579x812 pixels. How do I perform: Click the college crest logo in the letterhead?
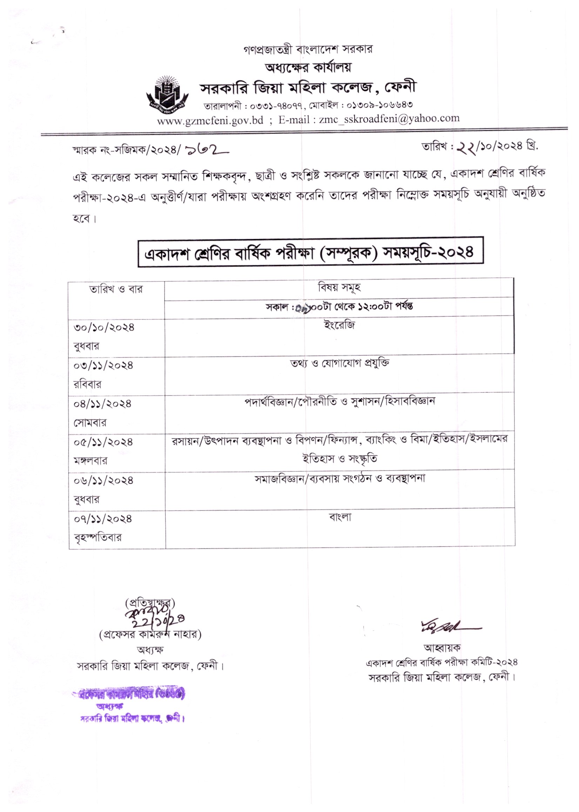pos(167,93)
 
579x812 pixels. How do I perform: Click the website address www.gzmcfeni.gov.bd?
pos(210,121)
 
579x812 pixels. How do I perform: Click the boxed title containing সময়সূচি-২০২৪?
pos(310,252)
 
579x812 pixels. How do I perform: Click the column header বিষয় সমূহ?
pos(339,287)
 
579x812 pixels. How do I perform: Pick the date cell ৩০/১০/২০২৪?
pos(104,327)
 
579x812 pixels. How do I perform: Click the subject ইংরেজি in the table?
pos(339,326)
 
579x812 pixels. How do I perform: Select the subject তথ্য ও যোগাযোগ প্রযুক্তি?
pos(339,363)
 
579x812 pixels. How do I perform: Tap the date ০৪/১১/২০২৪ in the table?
pos(103,404)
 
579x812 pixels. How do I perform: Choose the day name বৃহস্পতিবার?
pos(98,537)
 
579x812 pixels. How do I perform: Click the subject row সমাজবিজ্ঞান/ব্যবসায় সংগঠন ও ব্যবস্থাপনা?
pos(339,478)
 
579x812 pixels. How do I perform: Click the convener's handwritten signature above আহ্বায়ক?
pos(450,626)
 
